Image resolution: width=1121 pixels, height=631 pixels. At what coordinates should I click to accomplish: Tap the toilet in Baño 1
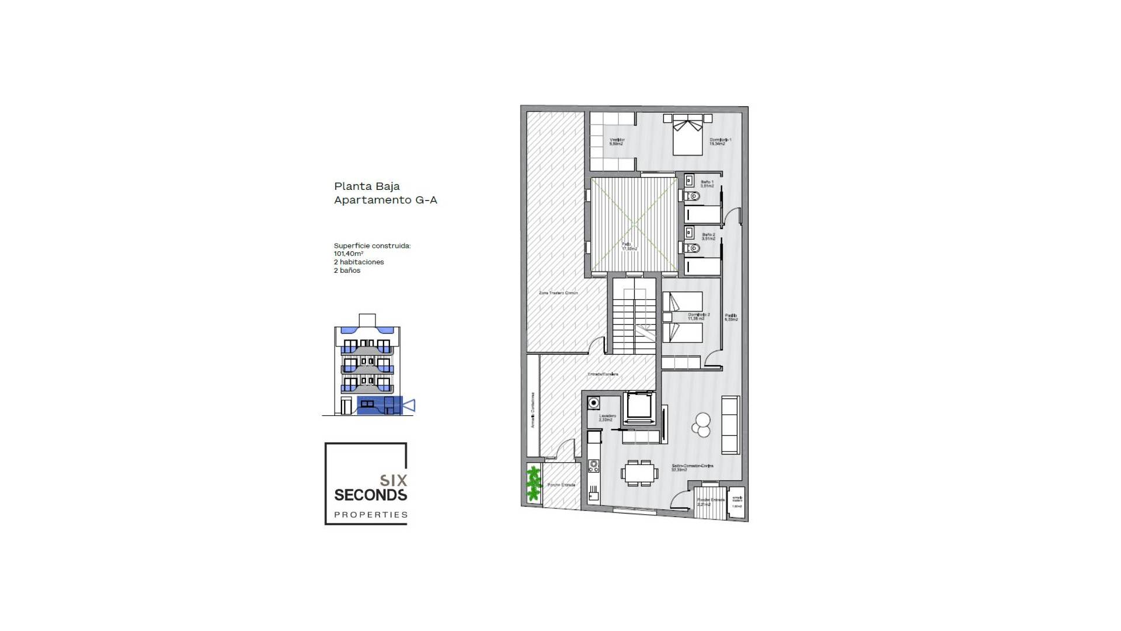692,196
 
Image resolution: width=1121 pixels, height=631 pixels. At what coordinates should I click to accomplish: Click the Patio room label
629,247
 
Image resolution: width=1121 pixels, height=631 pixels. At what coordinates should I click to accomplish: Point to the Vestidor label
617,141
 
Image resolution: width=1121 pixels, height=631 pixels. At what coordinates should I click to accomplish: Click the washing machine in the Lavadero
594,403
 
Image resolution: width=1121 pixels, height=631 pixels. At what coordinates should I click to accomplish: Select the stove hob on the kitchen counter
594,466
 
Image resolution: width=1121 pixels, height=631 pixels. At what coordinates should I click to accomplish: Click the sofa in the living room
730,425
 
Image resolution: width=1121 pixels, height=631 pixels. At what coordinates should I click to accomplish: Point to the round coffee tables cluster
702,425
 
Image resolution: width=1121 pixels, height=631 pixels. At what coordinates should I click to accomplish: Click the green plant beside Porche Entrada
534,484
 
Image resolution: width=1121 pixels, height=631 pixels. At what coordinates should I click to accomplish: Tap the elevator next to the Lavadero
639,407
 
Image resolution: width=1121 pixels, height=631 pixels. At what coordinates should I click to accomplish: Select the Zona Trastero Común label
558,293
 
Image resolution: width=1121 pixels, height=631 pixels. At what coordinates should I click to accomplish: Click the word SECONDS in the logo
370,495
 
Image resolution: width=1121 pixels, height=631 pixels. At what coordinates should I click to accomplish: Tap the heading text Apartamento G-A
385,200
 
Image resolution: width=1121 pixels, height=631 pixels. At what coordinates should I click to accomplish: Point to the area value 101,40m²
349,254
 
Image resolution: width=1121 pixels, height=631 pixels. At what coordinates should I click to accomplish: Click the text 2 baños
347,271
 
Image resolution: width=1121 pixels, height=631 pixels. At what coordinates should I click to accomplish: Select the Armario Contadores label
532,410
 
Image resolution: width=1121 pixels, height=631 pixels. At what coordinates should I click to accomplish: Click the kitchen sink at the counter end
594,497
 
